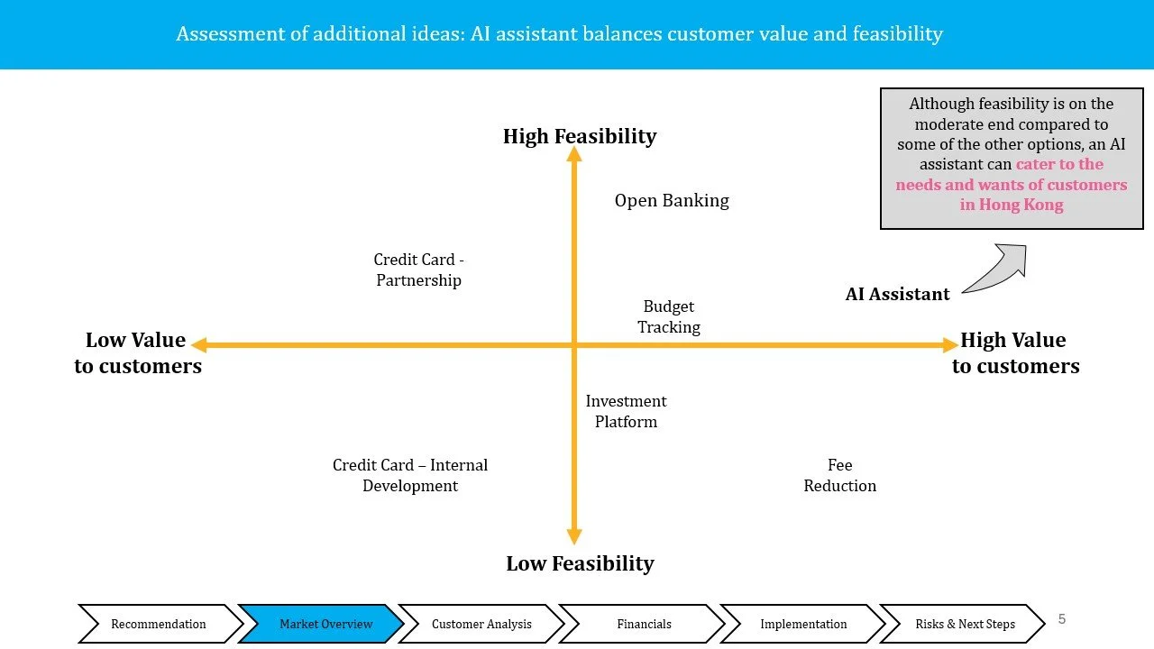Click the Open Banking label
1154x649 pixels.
tap(672, 200)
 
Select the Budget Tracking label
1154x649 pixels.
tap(669, 316)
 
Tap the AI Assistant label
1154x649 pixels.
tap(897, 294)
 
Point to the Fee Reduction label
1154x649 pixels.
tap(839, 475)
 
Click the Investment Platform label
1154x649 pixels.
tap(626, 411)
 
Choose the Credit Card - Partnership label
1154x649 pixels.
tap(418, 270)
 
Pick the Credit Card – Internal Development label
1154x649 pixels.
tap(410, 475)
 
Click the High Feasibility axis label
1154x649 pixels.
tap(580, 136)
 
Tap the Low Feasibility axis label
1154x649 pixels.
tap(580, 563)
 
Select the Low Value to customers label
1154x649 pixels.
tap(137, 352)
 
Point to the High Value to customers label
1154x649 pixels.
tap(1015, 352)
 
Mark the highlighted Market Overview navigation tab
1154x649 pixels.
tap(325, 624)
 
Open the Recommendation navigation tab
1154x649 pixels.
tap(158, 624)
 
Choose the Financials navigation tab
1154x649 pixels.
tap(644, 624)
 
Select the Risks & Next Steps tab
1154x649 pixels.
tap(965, 624)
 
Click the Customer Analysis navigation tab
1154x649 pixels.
tap(481, 624)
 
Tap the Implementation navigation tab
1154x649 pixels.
tap(803, 624)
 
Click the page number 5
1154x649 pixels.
tap(1062, 618)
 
